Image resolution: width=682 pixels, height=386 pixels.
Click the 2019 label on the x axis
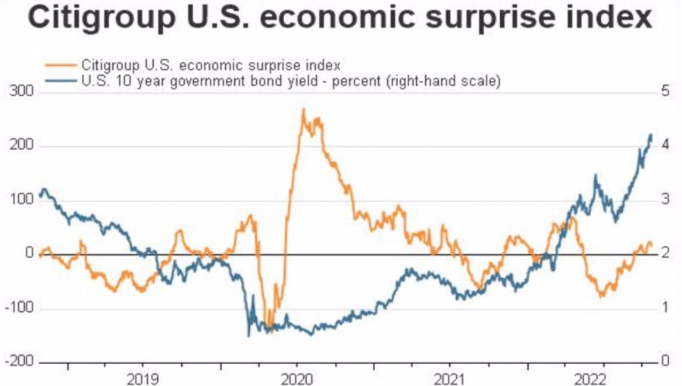[143, 377]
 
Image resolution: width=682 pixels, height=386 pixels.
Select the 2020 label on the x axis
[296, 377]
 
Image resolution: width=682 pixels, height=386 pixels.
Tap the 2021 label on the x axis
[449, 377]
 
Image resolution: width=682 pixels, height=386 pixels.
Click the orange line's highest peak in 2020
[303, 111]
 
